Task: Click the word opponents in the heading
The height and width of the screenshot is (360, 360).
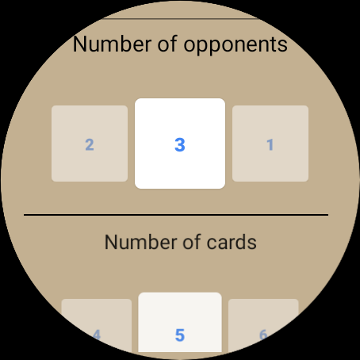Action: [x=236, y=45]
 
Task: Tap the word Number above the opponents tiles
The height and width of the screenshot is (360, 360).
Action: [x=112, y=44]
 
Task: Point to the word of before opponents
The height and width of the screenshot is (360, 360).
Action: [x=167, y=43]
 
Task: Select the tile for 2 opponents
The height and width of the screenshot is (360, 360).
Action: [x=90, y=144]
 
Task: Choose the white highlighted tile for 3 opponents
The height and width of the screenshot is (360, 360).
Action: [x=180, y=144]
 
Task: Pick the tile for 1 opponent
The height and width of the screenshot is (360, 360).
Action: [x=270, y=144]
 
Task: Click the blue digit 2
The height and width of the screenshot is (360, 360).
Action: [x=90, y=145]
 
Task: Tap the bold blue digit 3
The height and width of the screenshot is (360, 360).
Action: [x=180, y=145]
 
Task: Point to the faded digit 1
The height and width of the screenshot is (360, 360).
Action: [x=270, y=145]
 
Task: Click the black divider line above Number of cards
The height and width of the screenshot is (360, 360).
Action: [x=176, y=215]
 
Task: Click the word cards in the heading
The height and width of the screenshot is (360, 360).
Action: [x=232, y=242]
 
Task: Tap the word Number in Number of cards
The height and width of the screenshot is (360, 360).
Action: [x=141, y=242]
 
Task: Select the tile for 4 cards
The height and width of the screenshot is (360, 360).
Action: [x=97, y=325]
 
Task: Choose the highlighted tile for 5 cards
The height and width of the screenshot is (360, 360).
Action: [x=180, y=322]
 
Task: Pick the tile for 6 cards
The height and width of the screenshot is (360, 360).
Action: [x=263, y=325]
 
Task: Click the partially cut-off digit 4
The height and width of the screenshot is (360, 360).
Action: [x=97, y=335]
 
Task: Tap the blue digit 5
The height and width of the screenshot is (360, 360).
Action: [x=180, y=335]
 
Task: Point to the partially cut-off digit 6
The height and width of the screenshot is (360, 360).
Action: [x=263, y=335]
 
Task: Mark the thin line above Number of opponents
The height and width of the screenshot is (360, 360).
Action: [x=181, y=19]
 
